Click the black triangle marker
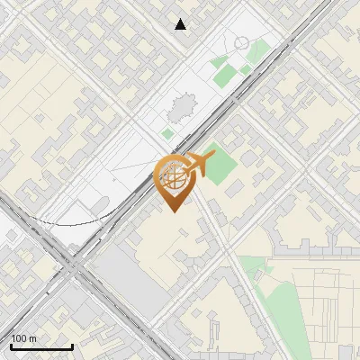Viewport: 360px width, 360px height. (x=181, y=24)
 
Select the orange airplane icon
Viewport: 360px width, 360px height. (x=196, y=166)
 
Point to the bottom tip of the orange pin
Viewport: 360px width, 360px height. (x=171, y=211)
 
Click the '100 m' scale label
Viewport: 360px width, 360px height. (x=23, y=338)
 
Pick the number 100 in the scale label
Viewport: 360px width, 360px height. (x=19, y=338)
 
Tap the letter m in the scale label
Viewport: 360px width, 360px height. (x=32, y=338)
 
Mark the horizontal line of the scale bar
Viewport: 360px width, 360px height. (x=40, y=346)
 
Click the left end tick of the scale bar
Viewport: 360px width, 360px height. (x=10, y=345)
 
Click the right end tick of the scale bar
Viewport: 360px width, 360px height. (x=72, y=345)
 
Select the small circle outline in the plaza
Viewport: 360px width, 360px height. (x=241, y=42)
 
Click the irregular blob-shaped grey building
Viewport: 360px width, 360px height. (x=181, y=110)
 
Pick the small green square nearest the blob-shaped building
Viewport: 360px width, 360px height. (x=167, y=134)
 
